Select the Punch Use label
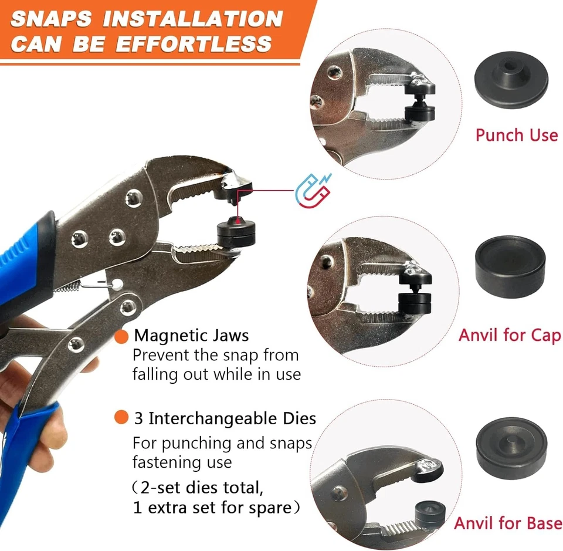(516, 135)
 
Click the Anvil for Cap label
(509, 335)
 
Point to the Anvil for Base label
(508, 523)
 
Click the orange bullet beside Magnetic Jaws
(122, 337)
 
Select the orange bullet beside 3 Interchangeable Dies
(121, 418)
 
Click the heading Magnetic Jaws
(192, 336)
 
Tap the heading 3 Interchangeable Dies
(225, 418)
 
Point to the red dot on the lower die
(235, 219)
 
